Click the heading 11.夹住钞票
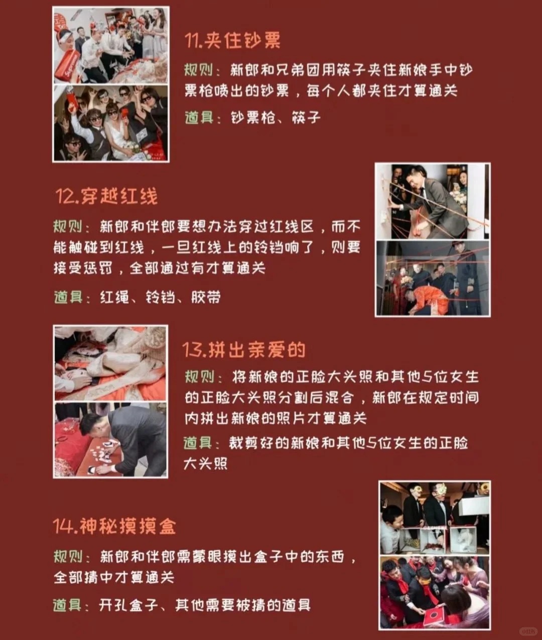coord(232,40)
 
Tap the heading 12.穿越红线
coord(106,196)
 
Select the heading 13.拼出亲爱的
coord(244,350)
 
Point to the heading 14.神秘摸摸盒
coord(114,526)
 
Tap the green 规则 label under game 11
coord(198,70)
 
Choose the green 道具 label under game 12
coord(68,297)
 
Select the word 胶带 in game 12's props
coord(206,297)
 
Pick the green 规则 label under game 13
coord(199,377)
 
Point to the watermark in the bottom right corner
coord(528,630)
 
